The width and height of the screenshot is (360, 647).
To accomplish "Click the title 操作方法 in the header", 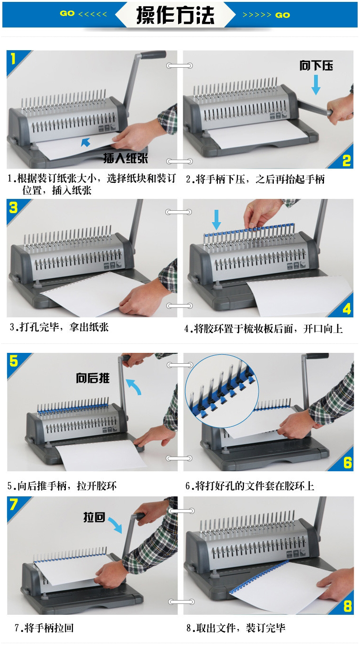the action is (x=175, y=15).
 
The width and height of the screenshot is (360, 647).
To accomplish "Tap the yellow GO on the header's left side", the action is (x=67, y=13).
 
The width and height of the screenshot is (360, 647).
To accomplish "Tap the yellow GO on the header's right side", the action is (x=282, y=15).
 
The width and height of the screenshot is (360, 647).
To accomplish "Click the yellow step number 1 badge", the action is (x=13, y=59).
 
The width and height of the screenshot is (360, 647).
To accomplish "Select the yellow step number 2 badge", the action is (x=347, y=161).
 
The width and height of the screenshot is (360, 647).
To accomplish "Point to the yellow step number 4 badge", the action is (x=347, y=308).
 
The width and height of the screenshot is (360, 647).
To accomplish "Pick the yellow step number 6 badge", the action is (x=347, y=462).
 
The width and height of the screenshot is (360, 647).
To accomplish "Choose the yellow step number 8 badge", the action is (x=347, y=606).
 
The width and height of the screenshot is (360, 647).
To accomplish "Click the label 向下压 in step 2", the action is (x=316, y=65).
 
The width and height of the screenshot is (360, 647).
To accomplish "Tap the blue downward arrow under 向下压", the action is (x=316, y=85).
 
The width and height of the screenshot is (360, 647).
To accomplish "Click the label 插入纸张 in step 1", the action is (x=126, y=158).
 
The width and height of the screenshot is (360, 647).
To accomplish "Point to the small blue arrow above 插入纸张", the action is (x=86, y=142).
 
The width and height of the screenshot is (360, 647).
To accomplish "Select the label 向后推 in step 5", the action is (x=93, y=378).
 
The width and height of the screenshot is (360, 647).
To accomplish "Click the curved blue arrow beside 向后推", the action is (x=135, y=386).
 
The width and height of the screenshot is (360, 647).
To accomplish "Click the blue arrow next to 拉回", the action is (x=116, y=525).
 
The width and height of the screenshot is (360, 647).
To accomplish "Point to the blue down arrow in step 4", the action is (x=216, y=220).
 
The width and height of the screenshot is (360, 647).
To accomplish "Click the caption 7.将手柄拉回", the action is (x=44, y=628).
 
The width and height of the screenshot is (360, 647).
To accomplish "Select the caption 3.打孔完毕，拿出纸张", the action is (x=59, y=327).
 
